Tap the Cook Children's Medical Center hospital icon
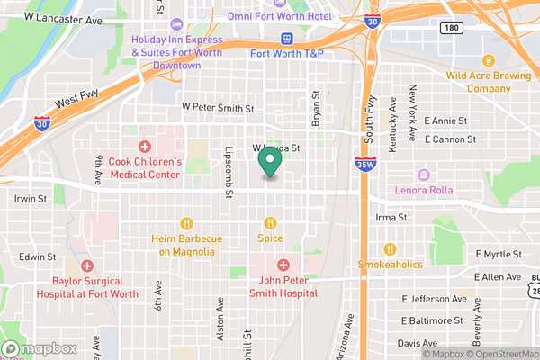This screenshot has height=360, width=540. (145, 147)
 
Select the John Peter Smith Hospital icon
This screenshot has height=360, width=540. (283, 265)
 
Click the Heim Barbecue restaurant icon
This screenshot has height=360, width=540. (186, 223)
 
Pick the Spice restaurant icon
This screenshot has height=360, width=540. (270, 223)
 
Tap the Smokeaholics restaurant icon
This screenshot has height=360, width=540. (390, 249)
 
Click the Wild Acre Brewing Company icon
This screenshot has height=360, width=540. (489, 61)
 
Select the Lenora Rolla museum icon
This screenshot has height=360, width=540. (424, 175)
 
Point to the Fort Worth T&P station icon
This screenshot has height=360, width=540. (287, 39)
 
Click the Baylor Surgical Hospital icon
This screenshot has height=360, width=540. (86, 265)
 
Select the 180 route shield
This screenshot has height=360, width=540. (454, 28)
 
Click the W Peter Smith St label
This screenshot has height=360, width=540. (218, 108)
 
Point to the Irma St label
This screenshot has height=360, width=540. (390, 218)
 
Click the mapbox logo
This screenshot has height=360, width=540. (39, 348)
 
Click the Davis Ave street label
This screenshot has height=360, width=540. (417, 344)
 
